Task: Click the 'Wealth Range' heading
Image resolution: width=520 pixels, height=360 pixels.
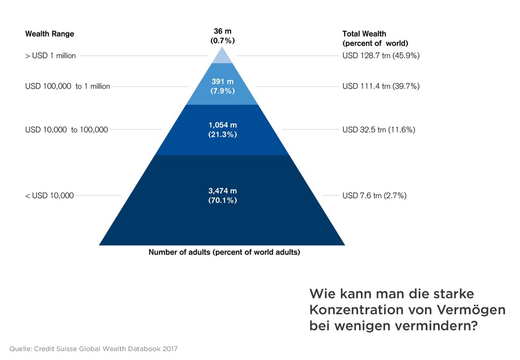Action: tap(50, 34)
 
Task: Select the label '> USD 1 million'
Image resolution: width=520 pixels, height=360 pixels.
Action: tap(50, 56)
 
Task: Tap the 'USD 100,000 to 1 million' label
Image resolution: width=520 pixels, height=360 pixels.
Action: tap(68, 86)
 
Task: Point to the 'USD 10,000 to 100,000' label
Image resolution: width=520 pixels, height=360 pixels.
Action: tap(67, 130)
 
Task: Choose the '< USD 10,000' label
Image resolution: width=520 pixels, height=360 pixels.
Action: tap(49, 195)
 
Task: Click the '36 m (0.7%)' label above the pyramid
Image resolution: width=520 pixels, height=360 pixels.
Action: tap(222, 36)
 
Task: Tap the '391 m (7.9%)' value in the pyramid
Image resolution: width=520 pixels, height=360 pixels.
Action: tap(222, 86)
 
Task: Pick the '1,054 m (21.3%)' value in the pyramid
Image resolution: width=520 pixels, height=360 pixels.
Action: tap(222, 130)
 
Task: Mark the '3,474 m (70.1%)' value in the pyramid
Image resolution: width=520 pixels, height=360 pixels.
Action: tap(222, 195)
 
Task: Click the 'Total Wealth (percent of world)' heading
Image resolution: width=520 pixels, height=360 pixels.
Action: tap(375, 39)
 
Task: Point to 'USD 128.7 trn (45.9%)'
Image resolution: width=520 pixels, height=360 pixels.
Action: tap(381, 56)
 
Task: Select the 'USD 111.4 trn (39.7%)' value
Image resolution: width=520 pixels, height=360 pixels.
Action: tap(381, 86)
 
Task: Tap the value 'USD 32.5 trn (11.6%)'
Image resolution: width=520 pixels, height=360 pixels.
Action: tap(379, 130)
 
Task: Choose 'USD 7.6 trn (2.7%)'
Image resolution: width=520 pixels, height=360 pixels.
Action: tap(374, 195)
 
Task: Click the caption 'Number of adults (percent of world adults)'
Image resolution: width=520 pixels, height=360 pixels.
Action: tap(224, 252)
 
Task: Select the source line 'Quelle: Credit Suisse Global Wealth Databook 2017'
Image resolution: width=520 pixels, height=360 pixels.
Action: tap(93, 349)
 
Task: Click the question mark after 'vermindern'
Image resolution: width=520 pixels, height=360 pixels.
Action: tap(473, 326)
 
